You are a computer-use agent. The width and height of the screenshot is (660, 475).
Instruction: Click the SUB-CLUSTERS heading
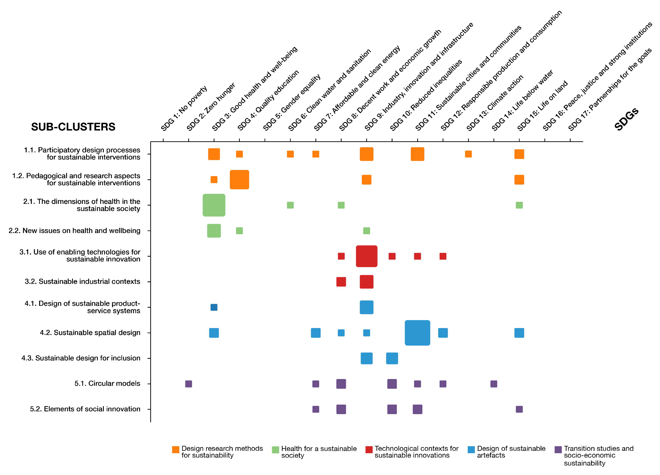click(73, 127)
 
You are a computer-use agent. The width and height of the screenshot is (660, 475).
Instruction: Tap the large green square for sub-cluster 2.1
click(214, 205)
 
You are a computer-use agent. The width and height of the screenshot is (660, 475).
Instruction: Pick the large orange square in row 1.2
click(239, 179)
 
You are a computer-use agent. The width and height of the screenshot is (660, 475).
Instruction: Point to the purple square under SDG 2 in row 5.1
click(189, 384)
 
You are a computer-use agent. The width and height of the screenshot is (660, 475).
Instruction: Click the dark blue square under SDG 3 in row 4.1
click(214, 307)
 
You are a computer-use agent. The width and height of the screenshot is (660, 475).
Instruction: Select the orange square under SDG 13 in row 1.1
click(468, 154)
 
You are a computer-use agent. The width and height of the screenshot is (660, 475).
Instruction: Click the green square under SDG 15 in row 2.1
click(519, 205)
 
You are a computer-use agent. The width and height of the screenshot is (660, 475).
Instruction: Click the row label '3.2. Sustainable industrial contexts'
click(82, 281)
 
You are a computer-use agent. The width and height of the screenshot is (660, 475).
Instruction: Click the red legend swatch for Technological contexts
click(369, 450)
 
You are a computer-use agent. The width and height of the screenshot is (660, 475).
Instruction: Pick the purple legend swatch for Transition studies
click(558, 450)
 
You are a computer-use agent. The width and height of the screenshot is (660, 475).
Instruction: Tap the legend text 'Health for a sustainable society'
click(319, 452)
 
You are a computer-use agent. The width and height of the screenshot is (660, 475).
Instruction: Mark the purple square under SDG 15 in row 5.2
click(519, 409)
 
